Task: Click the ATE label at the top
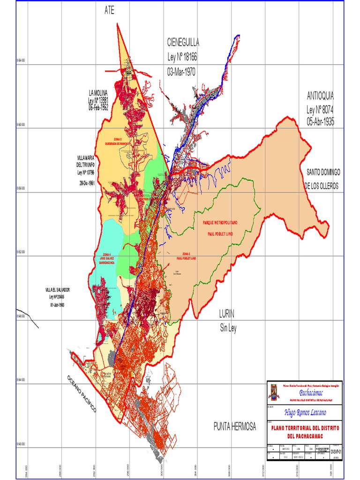109,11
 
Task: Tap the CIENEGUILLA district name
183,43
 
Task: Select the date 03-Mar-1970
181,72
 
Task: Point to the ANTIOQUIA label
321,96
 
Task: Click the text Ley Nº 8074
321,109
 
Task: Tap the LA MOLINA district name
98,92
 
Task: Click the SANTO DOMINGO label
323,172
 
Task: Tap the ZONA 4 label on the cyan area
106,254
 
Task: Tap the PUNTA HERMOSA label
235,427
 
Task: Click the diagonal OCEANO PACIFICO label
81,394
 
